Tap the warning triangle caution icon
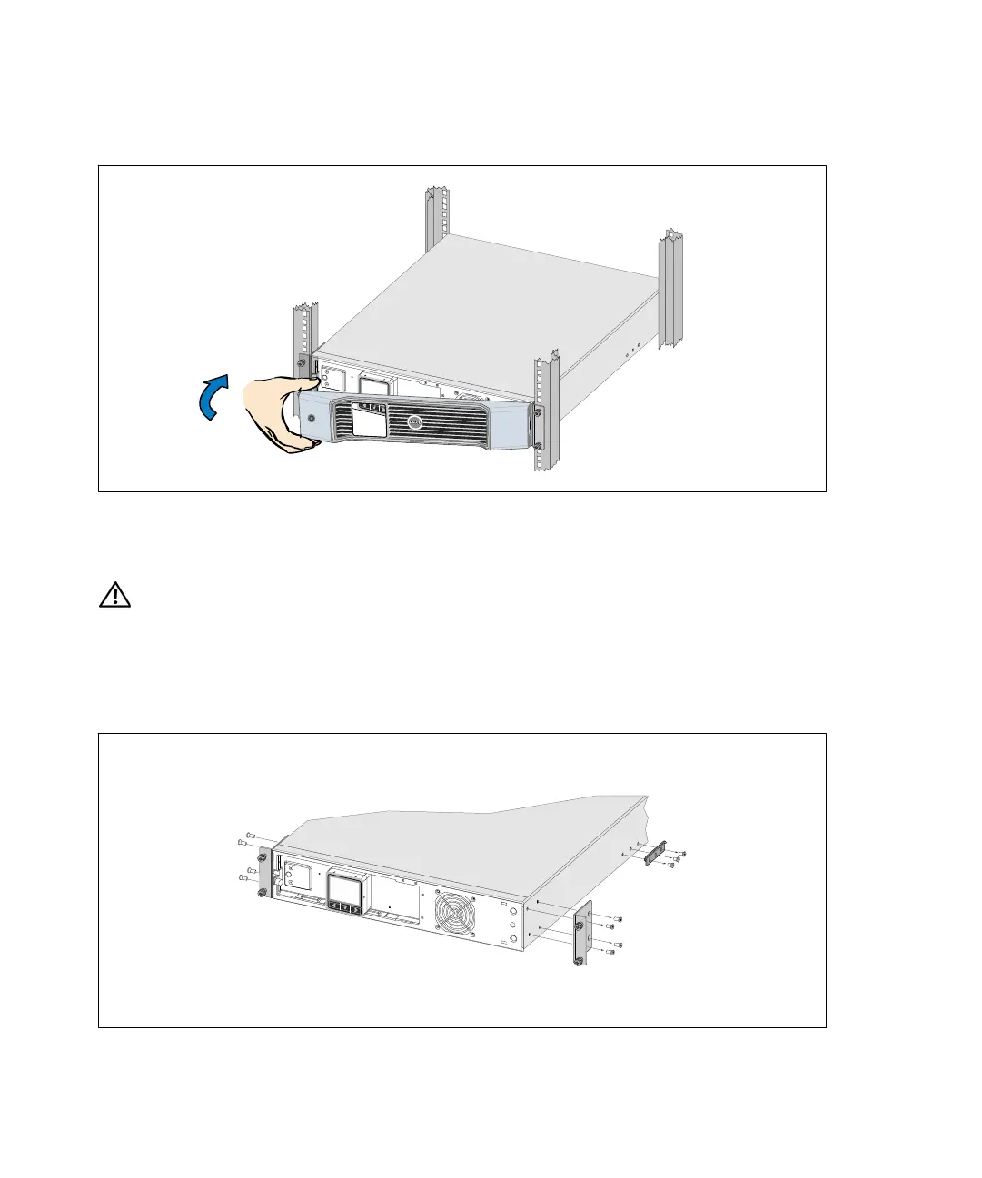pyautogui.click(x=115, y=597)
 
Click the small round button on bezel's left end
pyautogui.click(x=312, y=419)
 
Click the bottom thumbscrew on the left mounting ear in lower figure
pyautogui.click(x=263, y=894)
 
